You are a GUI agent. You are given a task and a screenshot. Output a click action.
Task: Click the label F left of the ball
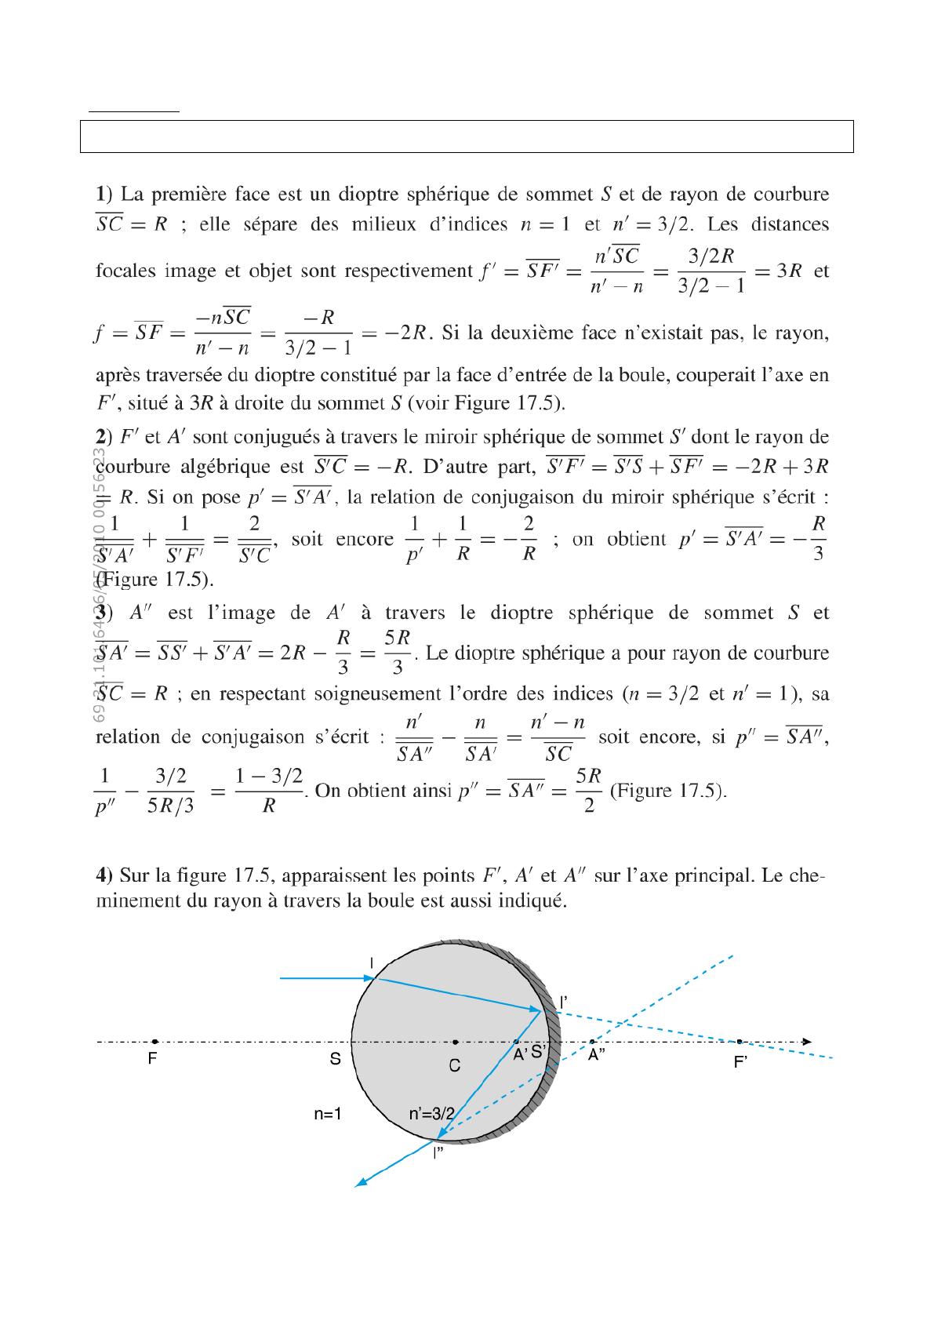(153, 1059)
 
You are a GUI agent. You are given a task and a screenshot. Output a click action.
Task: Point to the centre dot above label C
(456, 1042)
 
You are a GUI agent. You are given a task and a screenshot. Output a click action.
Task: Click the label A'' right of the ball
(597, 1056)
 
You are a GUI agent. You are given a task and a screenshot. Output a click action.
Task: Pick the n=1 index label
(327, 1113)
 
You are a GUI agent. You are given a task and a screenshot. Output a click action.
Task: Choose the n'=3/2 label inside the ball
(431, 1113)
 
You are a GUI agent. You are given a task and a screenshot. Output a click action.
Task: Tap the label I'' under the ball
(439, 1153)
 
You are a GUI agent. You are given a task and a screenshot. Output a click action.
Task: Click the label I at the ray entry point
(372, 962)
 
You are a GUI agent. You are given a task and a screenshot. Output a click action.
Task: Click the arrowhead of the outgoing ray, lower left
(360, 1183)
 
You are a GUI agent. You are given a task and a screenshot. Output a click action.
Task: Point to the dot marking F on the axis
(154, 1042)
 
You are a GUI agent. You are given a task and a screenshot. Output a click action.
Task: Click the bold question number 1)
(104, 193)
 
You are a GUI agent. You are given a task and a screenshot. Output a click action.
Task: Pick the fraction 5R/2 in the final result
(588, 790)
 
